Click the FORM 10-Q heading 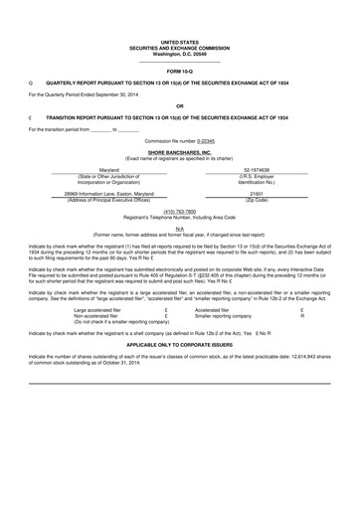179,72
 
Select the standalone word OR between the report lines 179,105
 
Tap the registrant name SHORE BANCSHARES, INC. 179,151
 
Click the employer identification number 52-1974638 255,171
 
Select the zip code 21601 255,194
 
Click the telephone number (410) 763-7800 179,211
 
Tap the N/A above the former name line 179,228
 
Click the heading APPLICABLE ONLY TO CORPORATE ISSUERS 179,343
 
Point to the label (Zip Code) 255,200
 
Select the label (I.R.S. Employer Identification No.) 255,180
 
